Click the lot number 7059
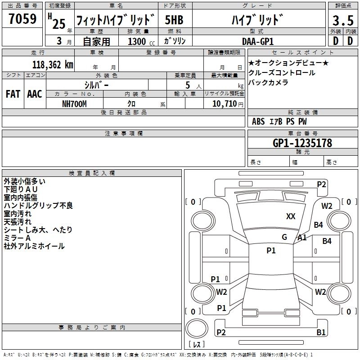(x=22, y=19)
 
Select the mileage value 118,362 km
(x=53, y=64)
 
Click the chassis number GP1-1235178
(x=302, y=143)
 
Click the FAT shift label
(x=13, y=94)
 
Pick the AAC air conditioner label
(x=35, y=94)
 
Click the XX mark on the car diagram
(x=291, y=216)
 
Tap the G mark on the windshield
(x=284, y=237)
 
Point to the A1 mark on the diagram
(x=302, y=238)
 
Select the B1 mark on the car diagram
(x=321, y=333)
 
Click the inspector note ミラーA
(x=17, y=238)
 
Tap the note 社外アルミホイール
(x=34, y=246)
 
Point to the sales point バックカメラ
(x=268, y=82)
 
